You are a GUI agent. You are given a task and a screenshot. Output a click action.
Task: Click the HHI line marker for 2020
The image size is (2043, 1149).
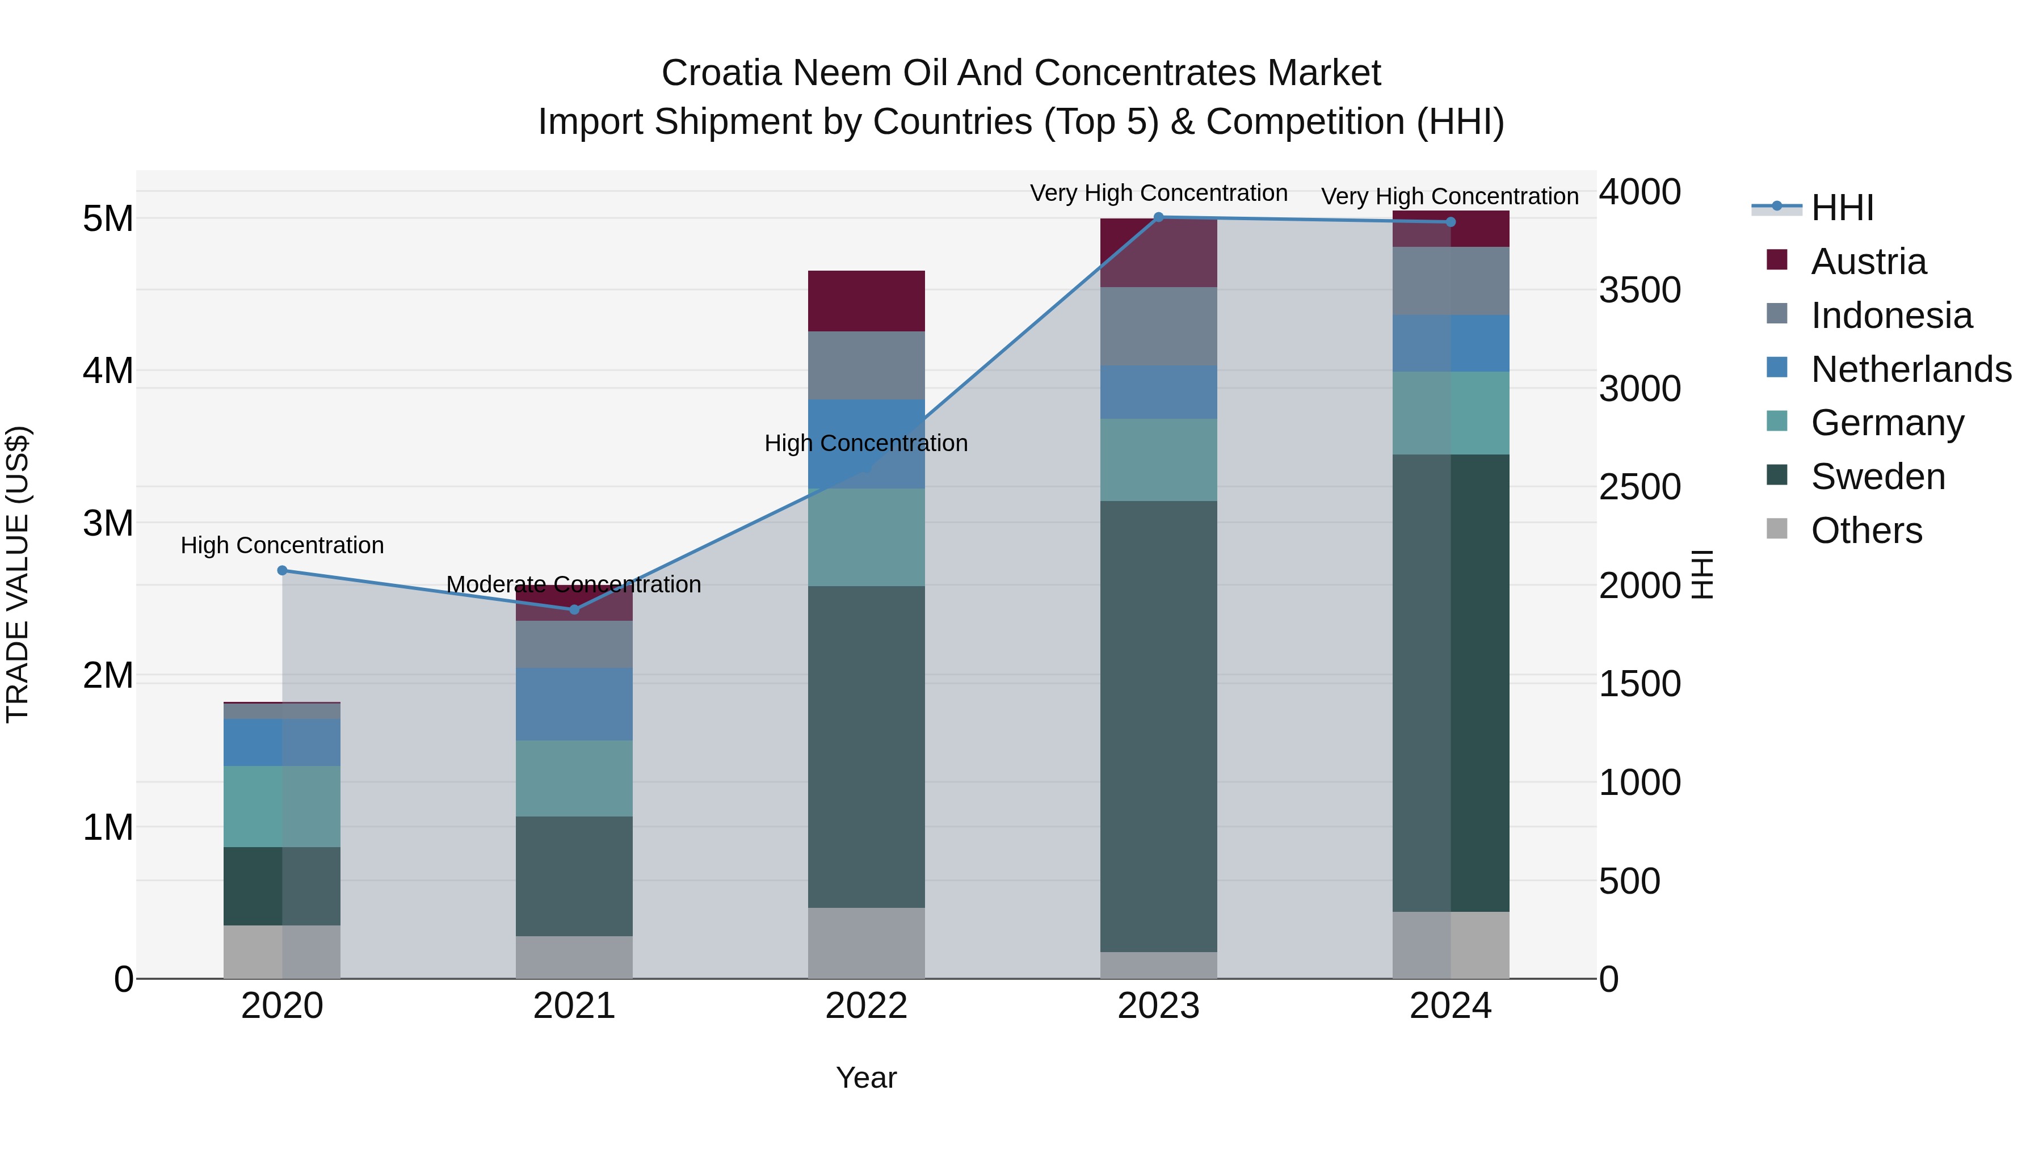283,570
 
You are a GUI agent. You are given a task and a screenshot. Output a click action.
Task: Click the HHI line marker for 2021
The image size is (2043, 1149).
574,609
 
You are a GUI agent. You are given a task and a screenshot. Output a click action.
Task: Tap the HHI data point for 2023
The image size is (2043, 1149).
1159,217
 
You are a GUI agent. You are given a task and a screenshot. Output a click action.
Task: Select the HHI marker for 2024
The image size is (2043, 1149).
1451,222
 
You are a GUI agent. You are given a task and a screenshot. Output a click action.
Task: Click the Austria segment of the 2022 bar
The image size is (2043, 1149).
866,301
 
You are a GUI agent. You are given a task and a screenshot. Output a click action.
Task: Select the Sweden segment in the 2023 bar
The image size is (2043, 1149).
1159,726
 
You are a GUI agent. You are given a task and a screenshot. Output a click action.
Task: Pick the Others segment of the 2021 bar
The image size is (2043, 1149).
574,957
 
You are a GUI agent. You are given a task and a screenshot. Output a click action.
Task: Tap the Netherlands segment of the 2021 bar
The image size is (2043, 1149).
574,704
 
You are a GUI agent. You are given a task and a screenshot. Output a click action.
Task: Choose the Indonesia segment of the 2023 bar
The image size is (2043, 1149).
1159,326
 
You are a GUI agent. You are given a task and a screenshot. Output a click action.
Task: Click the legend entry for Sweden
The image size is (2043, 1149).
1877,477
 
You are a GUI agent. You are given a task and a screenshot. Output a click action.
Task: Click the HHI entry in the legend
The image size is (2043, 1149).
1842,208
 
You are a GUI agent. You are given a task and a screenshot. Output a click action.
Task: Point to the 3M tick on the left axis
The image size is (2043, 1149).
108,523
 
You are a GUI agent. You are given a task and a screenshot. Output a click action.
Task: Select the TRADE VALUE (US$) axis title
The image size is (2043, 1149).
18,574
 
